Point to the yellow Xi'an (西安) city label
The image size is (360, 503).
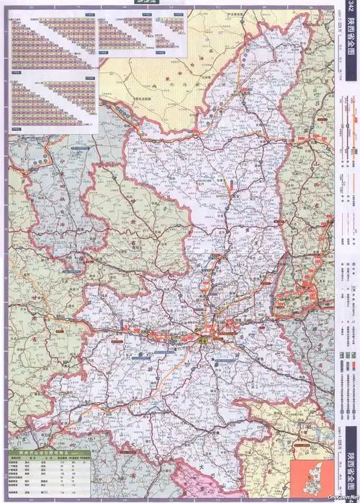pos(204,338)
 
